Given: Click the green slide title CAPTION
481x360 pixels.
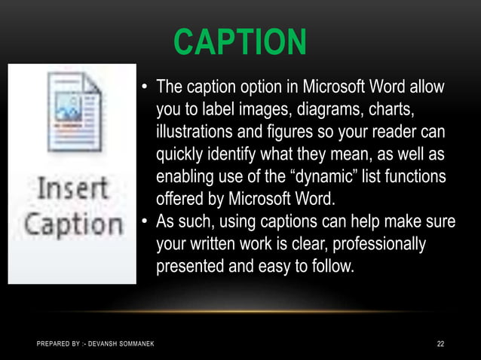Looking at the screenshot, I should click(240, 43).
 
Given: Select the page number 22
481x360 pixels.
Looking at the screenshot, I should click(441, 344).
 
